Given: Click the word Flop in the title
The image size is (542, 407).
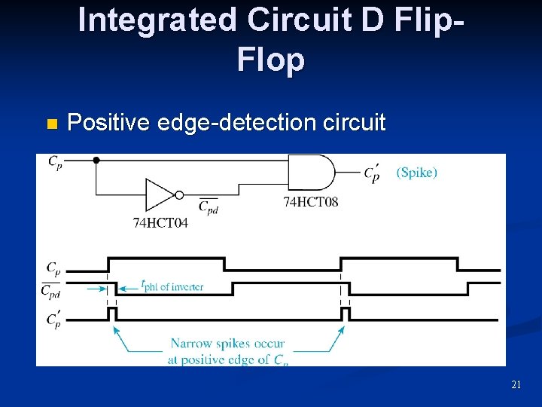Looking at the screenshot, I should [270, 60].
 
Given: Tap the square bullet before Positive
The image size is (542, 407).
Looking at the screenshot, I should [50, 123].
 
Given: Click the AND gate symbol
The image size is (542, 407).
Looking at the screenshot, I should [311, 173].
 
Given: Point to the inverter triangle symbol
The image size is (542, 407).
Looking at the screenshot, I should [159, 195].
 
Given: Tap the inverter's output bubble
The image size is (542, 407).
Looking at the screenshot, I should [179, 195].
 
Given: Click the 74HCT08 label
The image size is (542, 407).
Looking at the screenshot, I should [310, 202].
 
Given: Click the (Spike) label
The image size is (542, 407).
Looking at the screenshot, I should [416, 173].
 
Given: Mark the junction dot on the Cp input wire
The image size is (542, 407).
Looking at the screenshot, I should [96, 160].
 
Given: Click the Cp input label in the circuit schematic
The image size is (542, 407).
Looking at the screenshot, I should [55, 161].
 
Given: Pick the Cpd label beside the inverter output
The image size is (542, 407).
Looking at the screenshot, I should [208, 206].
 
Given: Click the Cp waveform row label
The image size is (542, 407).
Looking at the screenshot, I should [53, 268].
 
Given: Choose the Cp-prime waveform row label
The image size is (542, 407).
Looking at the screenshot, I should [53, 320].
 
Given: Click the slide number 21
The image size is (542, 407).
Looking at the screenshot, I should [516, 385].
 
